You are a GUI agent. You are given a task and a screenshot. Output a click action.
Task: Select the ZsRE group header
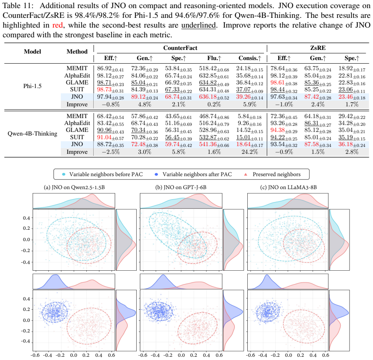[x=318, y=48]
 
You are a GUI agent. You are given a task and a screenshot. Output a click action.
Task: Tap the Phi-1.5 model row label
[x=32, y=86]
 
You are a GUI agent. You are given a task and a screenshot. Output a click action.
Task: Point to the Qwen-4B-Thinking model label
[x=32, y=134]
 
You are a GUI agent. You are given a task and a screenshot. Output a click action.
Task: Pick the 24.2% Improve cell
[x=249, y=152]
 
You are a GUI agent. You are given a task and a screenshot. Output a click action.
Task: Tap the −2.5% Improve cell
[x=111, y=152]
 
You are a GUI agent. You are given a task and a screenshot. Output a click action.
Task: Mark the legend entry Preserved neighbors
[x=277, y=174]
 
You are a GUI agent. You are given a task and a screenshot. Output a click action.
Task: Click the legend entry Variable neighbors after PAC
[x=197, y=174]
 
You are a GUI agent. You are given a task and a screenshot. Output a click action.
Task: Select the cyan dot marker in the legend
[x=64, y=174]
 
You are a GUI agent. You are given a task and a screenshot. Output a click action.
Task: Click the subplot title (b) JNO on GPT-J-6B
[x=181, y=188]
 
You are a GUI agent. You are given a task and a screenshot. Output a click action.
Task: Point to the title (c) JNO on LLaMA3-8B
[x=288, y=188]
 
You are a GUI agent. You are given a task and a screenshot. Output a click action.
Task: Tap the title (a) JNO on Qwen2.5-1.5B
[x=74, y=188]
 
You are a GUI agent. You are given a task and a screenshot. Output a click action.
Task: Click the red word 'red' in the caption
[x=58, y=25]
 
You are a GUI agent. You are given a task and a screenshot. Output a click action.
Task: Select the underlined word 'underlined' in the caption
[x=198, y=25]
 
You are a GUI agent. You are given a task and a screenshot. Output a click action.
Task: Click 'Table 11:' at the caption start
[x=17, y=5]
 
